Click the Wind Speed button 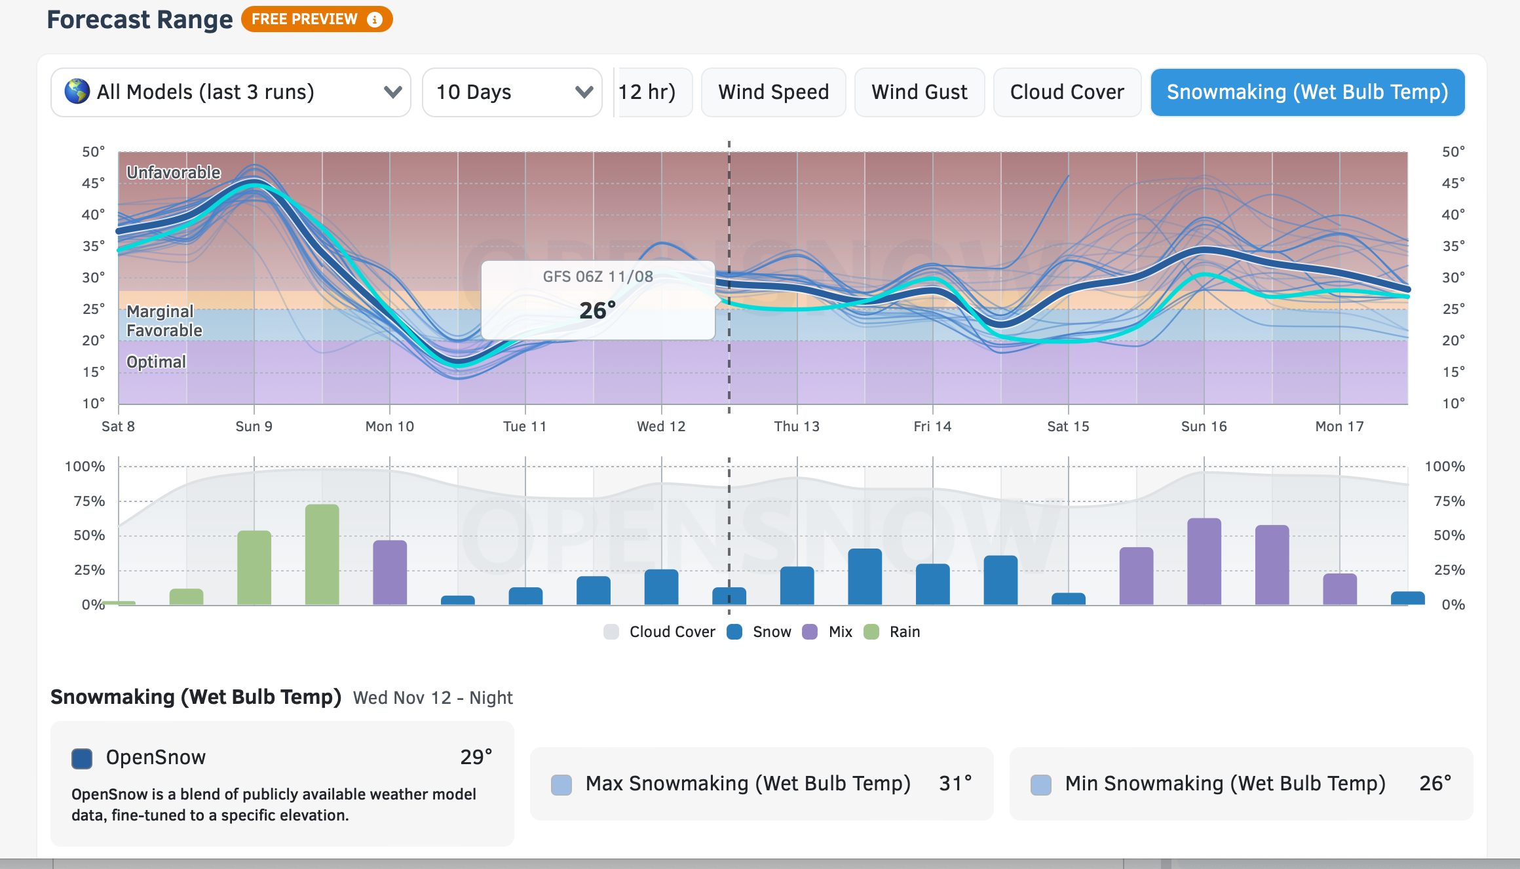(773, 92)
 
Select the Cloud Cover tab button (1067, 92)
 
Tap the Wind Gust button (919, 92)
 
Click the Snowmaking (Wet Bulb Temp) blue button (1307, 92)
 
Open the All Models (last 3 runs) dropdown (231, 92)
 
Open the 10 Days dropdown (512, 92)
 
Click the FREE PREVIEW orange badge (316, 19)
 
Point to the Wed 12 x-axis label (661, 427)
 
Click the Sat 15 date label (1068, 427)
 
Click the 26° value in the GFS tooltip (598, 310)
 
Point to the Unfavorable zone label (174, 172)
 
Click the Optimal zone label (156, 362)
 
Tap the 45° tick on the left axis (93, 183)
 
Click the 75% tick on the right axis (1449, 501)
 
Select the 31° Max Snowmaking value (955, 783)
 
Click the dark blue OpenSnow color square (82, 758)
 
